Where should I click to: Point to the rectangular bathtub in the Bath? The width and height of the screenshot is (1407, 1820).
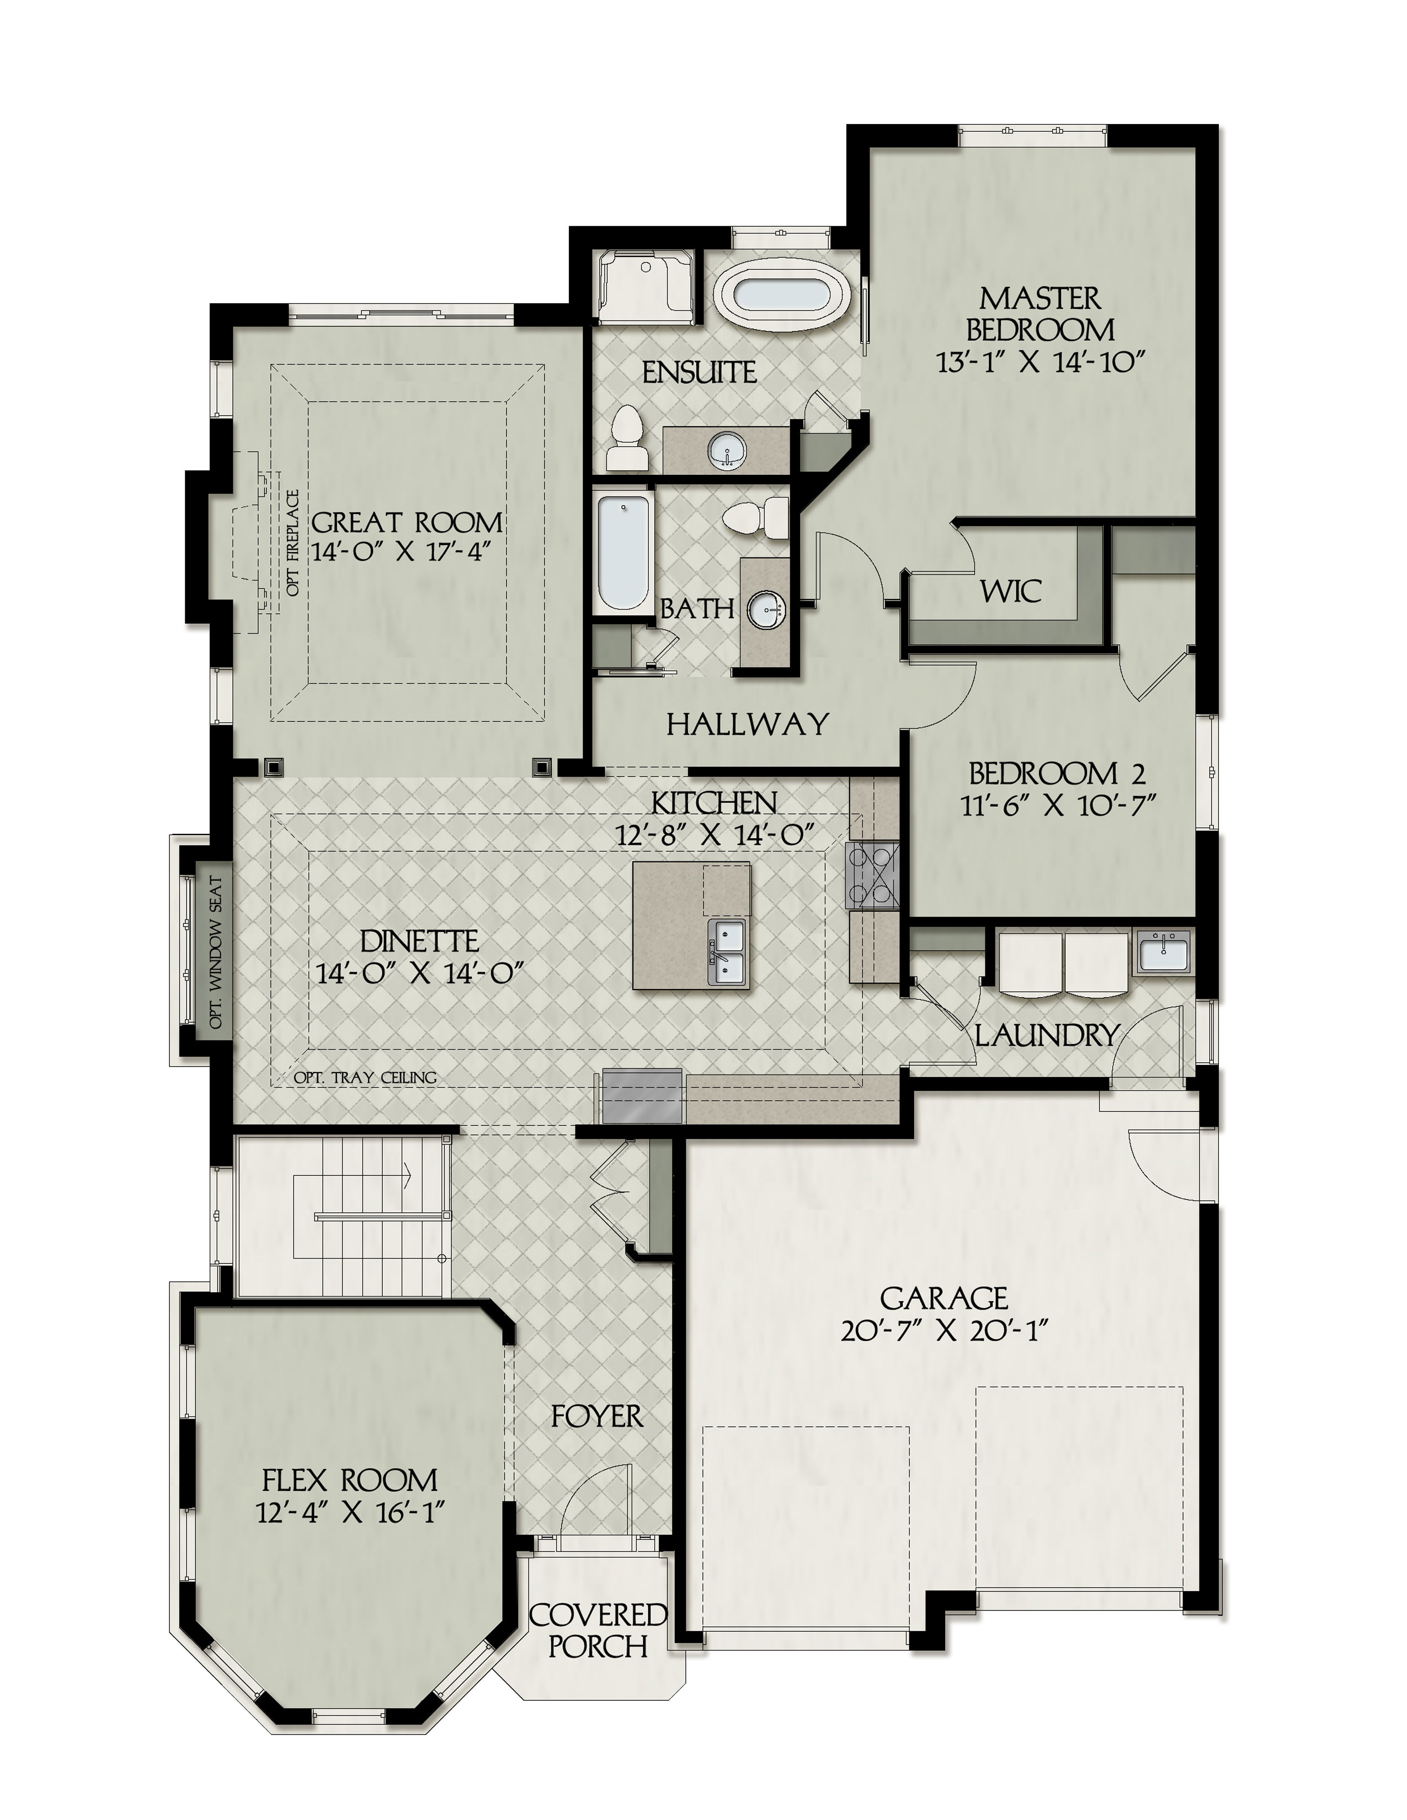(623, 553)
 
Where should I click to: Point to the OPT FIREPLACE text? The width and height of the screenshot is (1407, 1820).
(292, 543)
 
